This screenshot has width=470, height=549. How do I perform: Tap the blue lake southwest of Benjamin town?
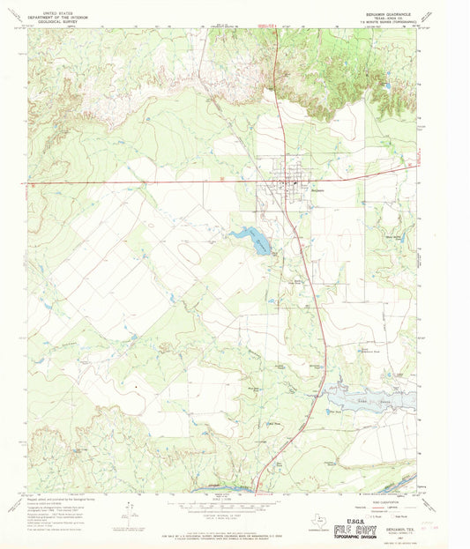(x=250, y=239)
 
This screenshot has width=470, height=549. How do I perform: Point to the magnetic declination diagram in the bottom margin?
(x=129, y=508)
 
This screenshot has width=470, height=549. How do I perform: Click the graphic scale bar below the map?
(x=233, y=509)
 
